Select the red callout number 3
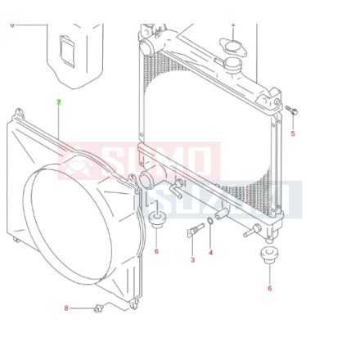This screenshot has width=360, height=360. [x=193, y=260]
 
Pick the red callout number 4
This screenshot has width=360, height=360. [x=211, y=252]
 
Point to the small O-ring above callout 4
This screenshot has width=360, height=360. [x=212, y=221]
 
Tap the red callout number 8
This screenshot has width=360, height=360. [x=66, y=308]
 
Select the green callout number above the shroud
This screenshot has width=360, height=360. [x=58, y=103]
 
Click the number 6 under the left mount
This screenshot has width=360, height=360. [x=156, y=251]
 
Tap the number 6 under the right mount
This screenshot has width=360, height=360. [x=269, y=288]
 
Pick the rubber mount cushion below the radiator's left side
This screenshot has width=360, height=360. [x=155, y=218]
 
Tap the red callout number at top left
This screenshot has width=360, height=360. [x=12, y=25]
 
